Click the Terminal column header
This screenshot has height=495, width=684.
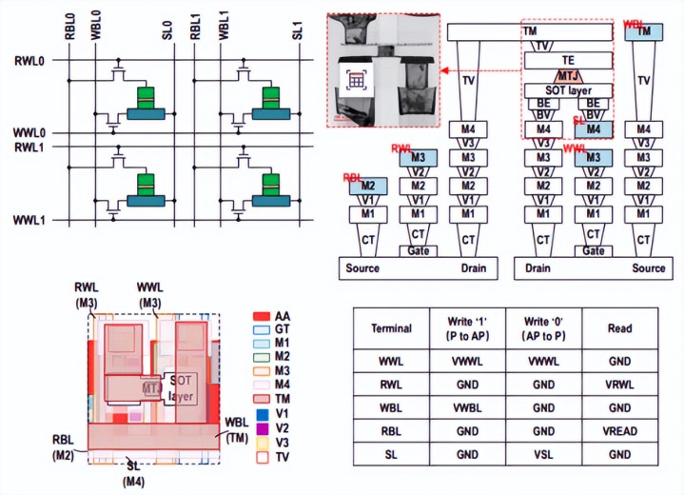(391, 328)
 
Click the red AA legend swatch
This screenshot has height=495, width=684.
(259, 314)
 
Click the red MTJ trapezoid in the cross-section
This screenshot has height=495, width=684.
(568, 75)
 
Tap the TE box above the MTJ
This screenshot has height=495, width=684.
(568, 59)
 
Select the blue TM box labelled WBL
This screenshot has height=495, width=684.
(644, 31)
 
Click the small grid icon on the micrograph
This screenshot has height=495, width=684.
(357, 81)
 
